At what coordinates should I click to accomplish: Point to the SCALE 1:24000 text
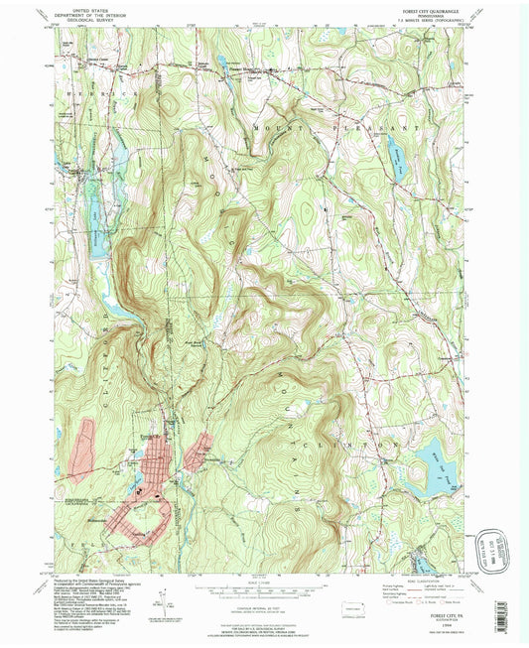[x=264, y=579]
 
